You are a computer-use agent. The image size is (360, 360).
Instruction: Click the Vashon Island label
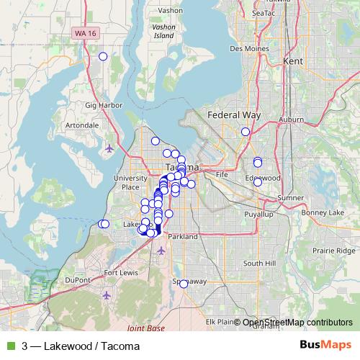tap(164, 30)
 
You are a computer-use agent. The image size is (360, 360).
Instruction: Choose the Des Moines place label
tap(247, 49)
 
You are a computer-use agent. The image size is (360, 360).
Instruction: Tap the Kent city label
tap(294, 62)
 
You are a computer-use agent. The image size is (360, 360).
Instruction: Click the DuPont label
tap(78, 279)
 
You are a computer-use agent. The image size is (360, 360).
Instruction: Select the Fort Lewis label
tap(121, 273)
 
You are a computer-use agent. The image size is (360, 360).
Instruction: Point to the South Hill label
tap(259, 264)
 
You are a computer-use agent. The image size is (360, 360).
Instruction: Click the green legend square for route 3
tap(10, 346)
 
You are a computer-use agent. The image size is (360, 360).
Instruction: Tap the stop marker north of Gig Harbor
tap(103, 56)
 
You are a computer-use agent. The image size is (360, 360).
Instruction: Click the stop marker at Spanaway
tap(184, 284)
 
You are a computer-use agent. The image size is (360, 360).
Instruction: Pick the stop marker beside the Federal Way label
tap(246, 131)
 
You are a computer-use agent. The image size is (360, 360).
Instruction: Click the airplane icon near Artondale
tap(109, 149)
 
